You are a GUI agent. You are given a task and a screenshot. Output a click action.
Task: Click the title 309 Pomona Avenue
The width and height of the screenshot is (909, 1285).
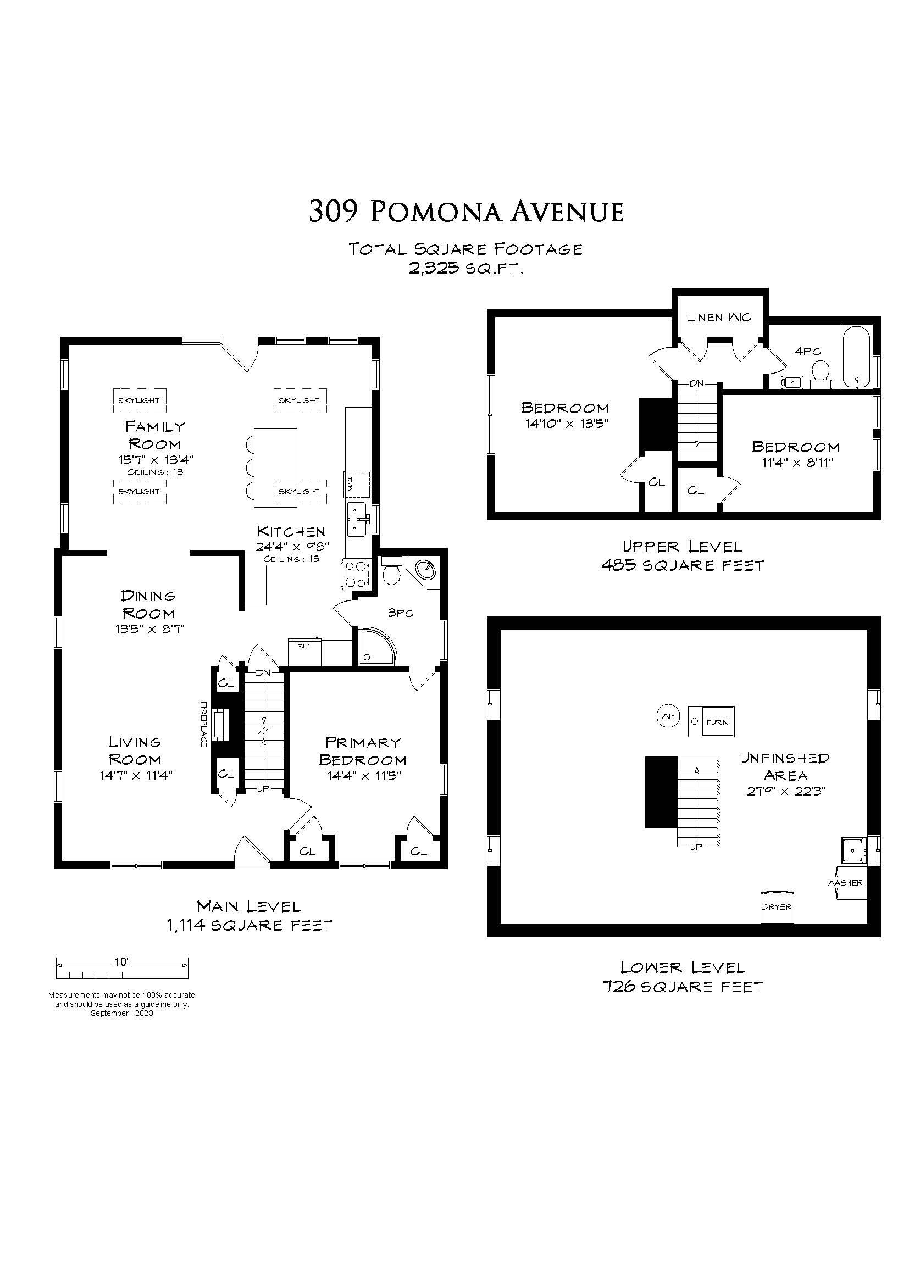click(x=466, y=212)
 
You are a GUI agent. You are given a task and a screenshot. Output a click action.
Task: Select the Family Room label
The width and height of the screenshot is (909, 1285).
click(x=154, y=435)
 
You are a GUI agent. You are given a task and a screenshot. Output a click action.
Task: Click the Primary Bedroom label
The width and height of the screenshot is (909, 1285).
click(x=362, y=750)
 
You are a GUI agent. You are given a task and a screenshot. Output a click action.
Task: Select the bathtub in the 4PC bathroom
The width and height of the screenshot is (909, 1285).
click(x=855, y=357)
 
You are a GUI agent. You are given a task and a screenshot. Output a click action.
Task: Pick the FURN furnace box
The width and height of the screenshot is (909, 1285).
click(x=711, y=721)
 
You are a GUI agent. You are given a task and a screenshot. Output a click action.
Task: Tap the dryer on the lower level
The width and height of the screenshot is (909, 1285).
click(x=777, y=906)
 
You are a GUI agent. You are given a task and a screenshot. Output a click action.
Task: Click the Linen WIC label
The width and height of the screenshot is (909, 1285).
click(x=719, y=318)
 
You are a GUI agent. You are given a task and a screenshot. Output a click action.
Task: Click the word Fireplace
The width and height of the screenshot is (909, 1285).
click(x=204, y=724)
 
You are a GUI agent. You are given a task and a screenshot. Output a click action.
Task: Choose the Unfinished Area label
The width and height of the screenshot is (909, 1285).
click(x=785, y=767)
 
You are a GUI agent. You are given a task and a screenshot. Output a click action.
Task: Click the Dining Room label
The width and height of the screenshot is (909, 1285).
click(x=148, y=604)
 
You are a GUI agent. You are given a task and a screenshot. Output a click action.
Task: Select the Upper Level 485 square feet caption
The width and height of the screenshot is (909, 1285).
click(x=683, y=556)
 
